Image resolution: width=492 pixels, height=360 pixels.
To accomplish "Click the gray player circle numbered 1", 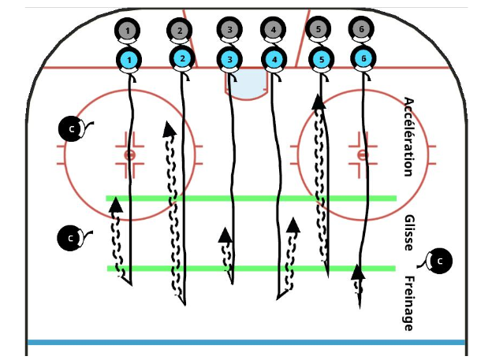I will pos(127,31).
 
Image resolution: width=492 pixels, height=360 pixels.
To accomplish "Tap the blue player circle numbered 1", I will pos(129,59).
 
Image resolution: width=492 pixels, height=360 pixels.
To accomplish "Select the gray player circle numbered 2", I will pos(180,31).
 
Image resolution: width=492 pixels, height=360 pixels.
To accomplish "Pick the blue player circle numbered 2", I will pos(182,58).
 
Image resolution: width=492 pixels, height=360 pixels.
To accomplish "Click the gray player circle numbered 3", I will pos(229,30).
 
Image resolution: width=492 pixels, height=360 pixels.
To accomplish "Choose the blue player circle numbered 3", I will pos(229,59).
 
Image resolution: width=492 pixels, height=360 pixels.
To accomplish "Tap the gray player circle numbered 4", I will pos(274,30).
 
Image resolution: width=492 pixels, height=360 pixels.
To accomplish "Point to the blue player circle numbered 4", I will pos(274,59).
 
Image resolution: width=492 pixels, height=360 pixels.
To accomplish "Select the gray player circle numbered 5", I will pos(318,29).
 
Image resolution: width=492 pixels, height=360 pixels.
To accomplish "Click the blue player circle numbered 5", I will pos(320,59).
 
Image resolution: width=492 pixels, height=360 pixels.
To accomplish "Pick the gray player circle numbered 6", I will pos(362,29).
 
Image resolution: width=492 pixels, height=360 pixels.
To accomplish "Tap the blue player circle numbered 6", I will pos(363,59).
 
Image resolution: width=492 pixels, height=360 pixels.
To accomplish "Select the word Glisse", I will pos(408,232).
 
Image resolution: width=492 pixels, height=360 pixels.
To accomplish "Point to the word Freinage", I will pos(408,303).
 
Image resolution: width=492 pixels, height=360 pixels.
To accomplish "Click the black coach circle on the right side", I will pos(440,260).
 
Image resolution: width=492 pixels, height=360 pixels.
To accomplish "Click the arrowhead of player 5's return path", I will pos(318,101).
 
